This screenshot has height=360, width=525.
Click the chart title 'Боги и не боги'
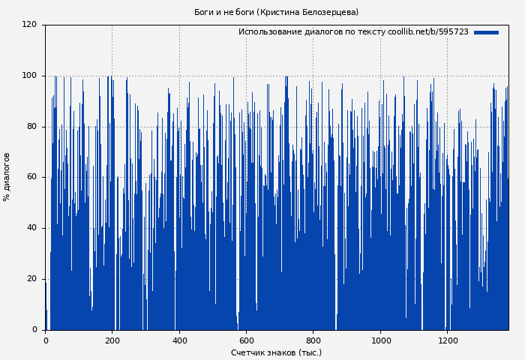pyautogui.click(x=224, y=12)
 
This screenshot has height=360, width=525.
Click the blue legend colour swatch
pyautogui.click(x=486, y=32)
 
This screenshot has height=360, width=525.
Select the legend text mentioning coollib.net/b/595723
pyautogui.click(x=353, y=32)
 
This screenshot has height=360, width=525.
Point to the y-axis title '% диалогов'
pyautogui.click(x=7, y=177)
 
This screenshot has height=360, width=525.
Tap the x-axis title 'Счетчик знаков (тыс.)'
pyautogui.click(x=276, y=352)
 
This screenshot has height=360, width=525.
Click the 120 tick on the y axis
pyautogui.click(x=29, y=25)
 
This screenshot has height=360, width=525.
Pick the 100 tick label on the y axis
pyautogui.click(x=29, y=76)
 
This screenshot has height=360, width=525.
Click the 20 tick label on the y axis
pyautogui.click(x=31, y=279)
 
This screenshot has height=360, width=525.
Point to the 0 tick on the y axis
pyautogui.click(x=34, y=330)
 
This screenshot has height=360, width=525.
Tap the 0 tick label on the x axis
pyautogui.click(x=46, y=340)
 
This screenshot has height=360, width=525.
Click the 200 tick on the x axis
pyautogui.click(x=112, y=340)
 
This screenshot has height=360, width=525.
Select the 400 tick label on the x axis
pyautogui.click(x=179, y=340)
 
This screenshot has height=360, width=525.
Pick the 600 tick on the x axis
pyautogui.click(x=246, y=340)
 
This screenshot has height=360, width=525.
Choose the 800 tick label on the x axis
pyautogui.click(x=313, y=340)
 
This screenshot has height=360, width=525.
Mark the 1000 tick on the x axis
pyautogui.click(x=380, y=340)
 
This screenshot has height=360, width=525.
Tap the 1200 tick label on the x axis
pyautogui.click(x=447, y=340)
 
